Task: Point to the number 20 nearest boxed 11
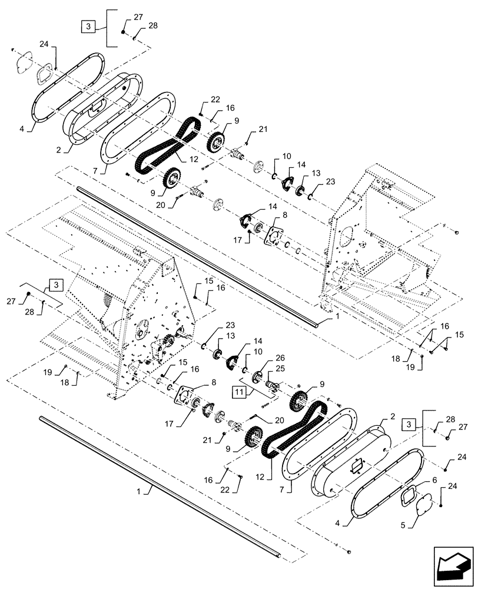click(x=263, y=420)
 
